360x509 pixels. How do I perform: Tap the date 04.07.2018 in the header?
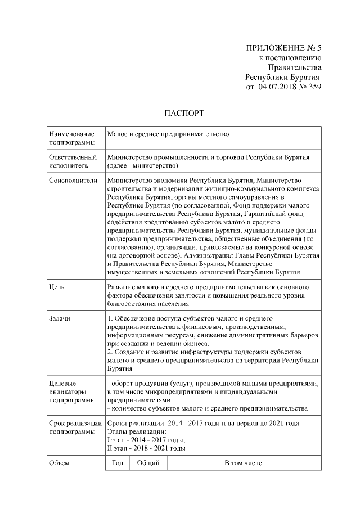pos(277,87)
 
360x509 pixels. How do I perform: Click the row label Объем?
pos(60,463)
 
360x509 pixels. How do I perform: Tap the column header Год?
pos(118,463)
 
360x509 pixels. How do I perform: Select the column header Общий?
pos(148,463)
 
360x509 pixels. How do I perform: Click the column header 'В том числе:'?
pos(244,463)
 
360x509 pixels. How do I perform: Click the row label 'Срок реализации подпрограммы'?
pos(75,427)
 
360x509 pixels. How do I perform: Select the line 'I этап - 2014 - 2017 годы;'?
pos(146,440)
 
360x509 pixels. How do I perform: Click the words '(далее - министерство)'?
pos(143,166)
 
